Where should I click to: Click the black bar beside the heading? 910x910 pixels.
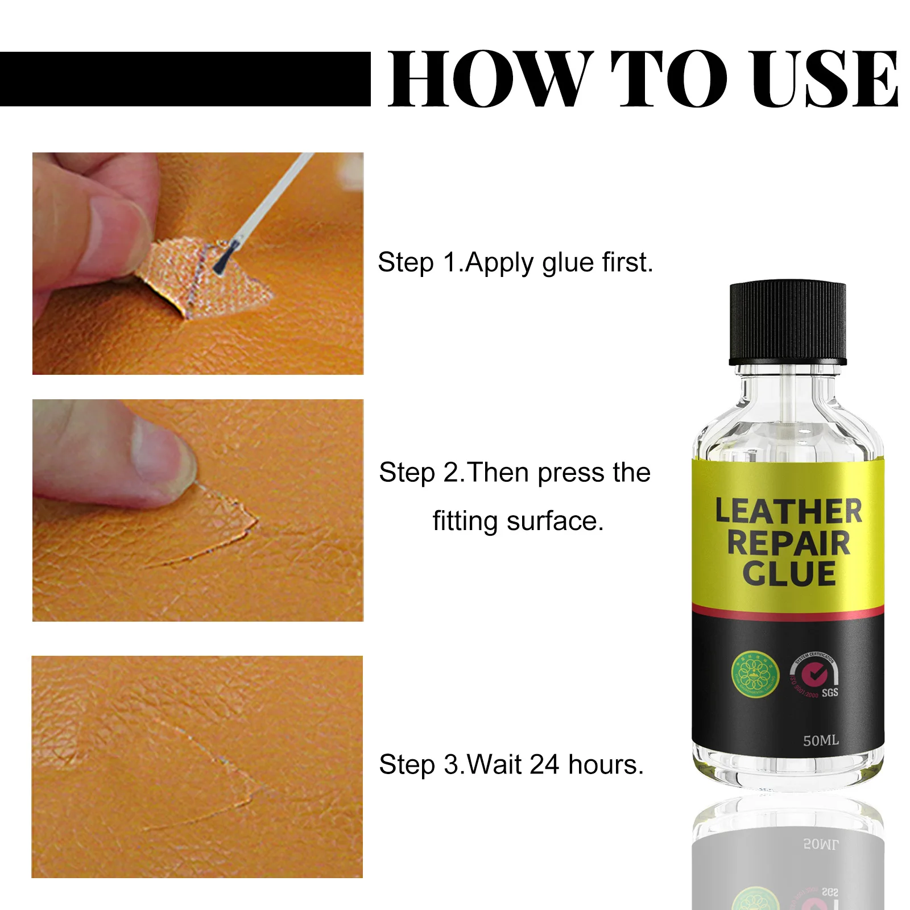[185, 79]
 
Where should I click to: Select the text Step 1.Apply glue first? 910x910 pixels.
[515, 263]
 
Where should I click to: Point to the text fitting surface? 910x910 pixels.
[518, 521]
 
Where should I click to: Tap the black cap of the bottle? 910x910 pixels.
[788, 322]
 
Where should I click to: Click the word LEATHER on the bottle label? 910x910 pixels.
[788, 511]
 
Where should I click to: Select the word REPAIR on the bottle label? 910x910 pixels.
[788, 543]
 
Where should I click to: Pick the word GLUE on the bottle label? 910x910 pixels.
[788, 573]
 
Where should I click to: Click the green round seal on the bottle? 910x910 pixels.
[754, 675]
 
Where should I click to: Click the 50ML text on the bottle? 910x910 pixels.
[820, 741]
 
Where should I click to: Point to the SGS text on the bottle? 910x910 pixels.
[830, 693]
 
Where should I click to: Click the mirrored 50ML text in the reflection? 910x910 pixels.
[820, 844]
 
